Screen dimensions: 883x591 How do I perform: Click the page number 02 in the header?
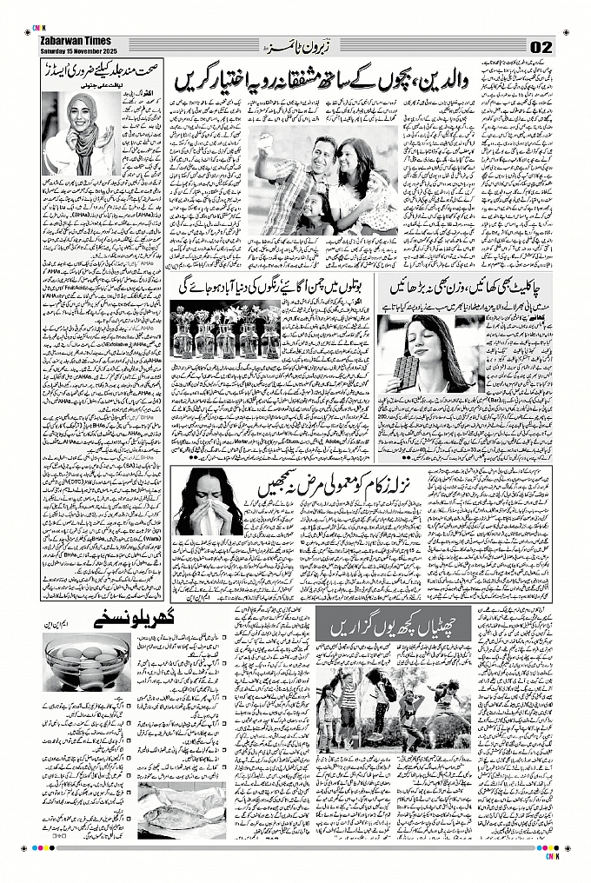(x=541, y=46)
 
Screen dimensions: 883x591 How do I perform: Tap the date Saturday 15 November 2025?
(x=78, y=50)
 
